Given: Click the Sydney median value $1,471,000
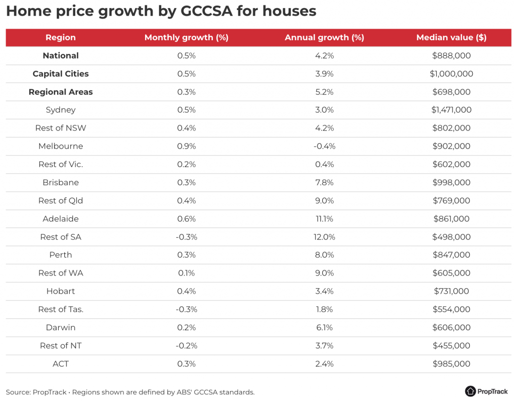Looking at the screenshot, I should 451,110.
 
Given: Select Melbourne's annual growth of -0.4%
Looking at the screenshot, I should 324,146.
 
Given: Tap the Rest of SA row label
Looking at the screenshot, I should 61,237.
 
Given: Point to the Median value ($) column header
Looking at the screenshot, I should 451,38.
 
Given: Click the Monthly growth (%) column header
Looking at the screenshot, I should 186,38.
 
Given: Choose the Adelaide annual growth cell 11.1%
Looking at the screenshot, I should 324,219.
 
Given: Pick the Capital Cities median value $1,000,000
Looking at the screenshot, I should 451,74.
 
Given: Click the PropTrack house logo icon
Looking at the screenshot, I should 470,391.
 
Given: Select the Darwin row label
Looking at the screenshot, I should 61,327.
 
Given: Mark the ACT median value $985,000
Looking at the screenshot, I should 451,364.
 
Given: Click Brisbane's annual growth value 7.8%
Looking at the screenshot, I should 324,182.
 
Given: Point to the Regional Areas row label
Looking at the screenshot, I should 61,92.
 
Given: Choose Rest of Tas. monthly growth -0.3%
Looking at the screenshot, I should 186,309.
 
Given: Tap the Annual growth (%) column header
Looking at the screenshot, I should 324,38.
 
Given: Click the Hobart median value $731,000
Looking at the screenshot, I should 451,291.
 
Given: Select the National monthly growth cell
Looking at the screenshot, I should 186,56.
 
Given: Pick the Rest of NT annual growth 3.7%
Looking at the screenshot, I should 324,345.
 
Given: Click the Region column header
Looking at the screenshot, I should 61,38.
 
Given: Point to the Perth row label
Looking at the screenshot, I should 61,255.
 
